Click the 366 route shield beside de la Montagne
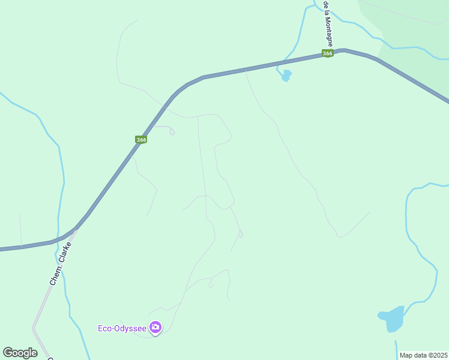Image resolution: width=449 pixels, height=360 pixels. coord(327,53)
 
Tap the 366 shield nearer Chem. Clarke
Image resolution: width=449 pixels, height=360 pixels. coord(141,140)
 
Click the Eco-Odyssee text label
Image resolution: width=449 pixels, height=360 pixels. coord(122,328)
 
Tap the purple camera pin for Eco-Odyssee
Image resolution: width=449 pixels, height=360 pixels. coord(155,327)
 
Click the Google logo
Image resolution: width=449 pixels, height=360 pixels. coord(20,353)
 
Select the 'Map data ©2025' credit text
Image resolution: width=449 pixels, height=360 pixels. coord(423,355)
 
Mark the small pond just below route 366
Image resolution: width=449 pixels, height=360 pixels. coord(286,76)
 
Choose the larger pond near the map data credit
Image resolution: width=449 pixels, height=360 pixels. coord(393,319)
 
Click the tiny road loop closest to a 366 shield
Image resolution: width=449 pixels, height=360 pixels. coord(172,132)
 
